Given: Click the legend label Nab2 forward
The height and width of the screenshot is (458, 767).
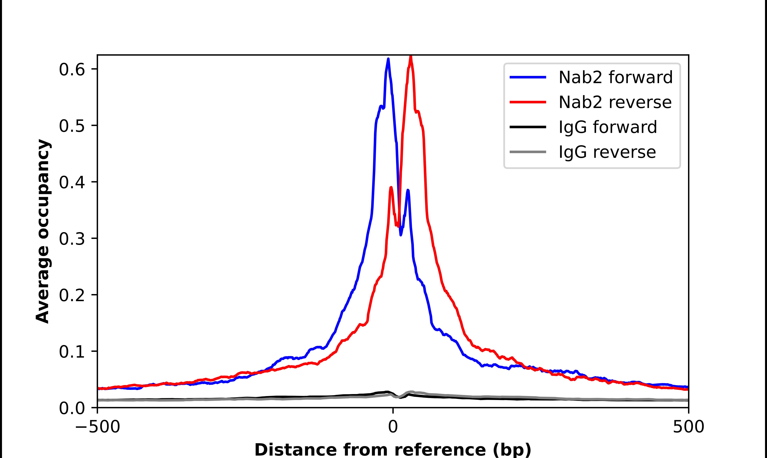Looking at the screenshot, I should tap(615, 77).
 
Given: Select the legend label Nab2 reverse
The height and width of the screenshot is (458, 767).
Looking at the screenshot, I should tap(615, 102).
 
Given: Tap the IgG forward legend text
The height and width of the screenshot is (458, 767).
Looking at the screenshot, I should tap(608, 127).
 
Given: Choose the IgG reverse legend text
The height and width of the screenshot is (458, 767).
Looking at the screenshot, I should tap(607, 152).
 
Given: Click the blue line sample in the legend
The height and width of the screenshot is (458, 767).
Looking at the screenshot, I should tap(528, 77).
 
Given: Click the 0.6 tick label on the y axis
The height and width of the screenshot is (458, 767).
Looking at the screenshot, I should tap(72, 70).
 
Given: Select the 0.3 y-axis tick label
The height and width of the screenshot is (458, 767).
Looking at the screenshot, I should tap(72, 239).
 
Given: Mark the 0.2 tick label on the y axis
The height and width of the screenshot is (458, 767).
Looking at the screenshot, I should tap(72, 296).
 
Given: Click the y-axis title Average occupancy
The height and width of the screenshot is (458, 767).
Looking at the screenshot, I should tap(42, 231).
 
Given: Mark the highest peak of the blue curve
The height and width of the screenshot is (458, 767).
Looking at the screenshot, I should tap(388, 59).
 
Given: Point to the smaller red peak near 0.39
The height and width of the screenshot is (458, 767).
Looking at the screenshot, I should tap(391, 187).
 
